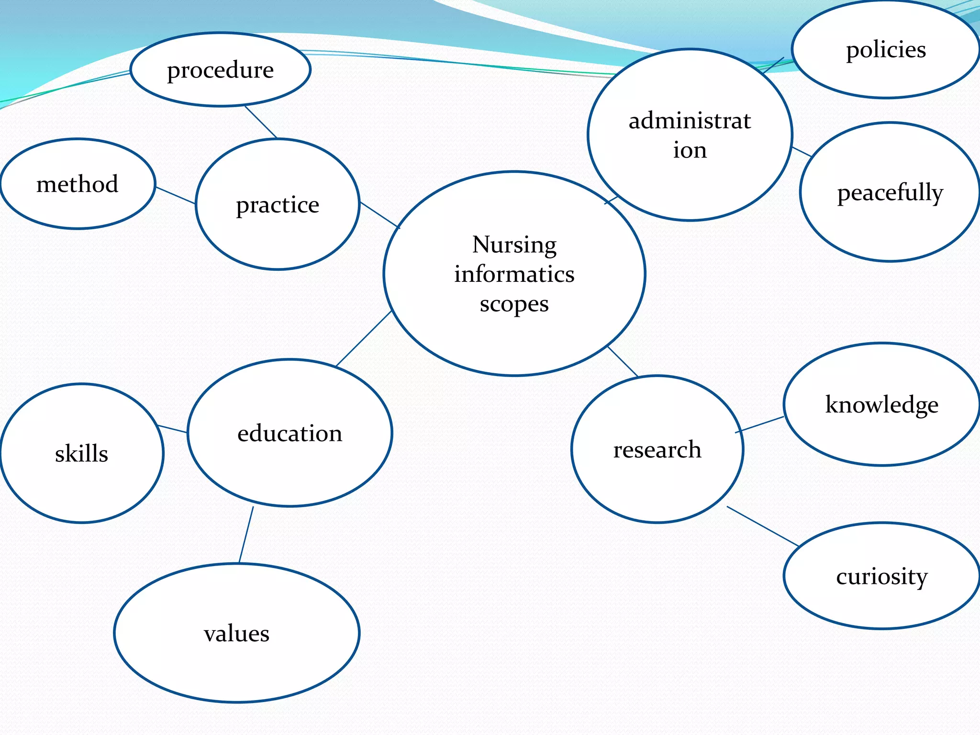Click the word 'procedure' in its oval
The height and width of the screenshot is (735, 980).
pyautogui.click(x=220, y=70)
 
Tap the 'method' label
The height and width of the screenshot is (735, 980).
pyautogui.click(x=77, y=184)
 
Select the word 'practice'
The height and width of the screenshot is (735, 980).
pyautogui.click(x=278, y=205)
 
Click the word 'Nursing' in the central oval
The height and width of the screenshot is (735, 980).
pyautogui.click(x=514, y=245)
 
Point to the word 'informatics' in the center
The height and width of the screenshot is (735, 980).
pyautogui.click(x=514, y=274)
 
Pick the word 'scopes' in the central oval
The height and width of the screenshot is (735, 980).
pyautogui.click(x=514, y=304)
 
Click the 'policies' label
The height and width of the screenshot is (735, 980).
pyautogui.click(x=886, y=50)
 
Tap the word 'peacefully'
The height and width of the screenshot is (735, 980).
pyautogui.click(x=890, y=193)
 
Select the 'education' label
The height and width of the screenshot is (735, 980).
pyautogui.click(x=290, y=434)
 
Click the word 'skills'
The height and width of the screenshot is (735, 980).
pyautogui.click(x=81, y=454)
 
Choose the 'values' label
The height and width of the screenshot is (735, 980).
pyautogui.click(x=236, y=634)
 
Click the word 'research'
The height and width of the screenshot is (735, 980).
pyautogui.click(x=657, y=450)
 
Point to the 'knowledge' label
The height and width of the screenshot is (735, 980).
pyautogui.click(x=882, y=405)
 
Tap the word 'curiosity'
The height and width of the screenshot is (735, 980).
pyautogui.click(x=882, y=576)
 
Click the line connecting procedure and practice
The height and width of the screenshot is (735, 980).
pyautogui.click(x=261, y=122)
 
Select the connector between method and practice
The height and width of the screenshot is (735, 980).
pyautogui.click(x=176, y=195)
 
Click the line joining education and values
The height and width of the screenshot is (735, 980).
pyautogui.click(x=246, y=535)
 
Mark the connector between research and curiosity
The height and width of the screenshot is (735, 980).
pyautogui.click(x=763, y=526)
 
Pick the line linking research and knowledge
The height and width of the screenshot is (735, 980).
pyautogui.click(x=759, y=425)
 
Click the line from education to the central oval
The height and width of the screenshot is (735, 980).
pyautogui.click(x=364, y=338)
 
